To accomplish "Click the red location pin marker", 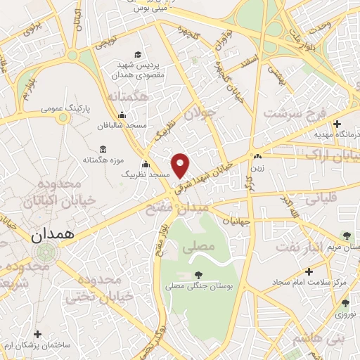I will (181, 165).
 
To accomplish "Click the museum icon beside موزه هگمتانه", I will (104, 149).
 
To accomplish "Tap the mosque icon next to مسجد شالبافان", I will (123, 115).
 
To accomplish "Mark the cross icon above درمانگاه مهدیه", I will (337, 124).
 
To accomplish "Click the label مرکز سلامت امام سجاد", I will (313, 282).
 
